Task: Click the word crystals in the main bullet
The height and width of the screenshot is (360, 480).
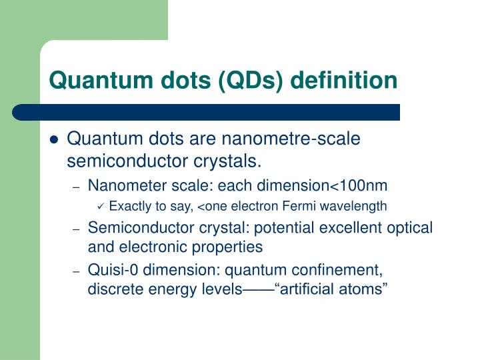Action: tap(231, 161)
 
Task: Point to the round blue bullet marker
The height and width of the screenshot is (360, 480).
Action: tap(55, 140)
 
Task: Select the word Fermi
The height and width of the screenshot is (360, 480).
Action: tap(306, 206)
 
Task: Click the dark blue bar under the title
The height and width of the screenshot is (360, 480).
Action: tap(213, 112)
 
